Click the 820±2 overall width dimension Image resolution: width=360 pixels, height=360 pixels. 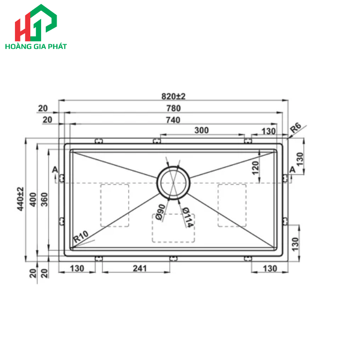click(x=173, y=96)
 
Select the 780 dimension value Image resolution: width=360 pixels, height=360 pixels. click(x=173, y=108)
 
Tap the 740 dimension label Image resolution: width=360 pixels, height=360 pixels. click(x=173, y=120)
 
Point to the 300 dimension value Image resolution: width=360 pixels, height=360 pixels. click(x=202, y=131)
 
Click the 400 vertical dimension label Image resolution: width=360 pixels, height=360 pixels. click(x=32, y=201)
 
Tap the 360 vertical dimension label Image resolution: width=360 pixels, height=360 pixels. click(x=44, y=201)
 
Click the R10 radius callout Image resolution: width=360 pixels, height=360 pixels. click(x=81, y=237)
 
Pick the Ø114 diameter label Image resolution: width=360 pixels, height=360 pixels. click(x=187, y=216)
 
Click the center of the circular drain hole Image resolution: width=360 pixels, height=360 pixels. click(x=173, y=182)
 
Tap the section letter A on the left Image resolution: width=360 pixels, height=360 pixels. click(x=55, y=170)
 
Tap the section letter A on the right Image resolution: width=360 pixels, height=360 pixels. click(x=292, y=170)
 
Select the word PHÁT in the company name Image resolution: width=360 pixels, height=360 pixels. click(x=57, y=46)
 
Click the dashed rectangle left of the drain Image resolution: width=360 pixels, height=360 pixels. click(x=115, y=205)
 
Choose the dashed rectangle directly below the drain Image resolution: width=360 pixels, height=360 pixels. click(x=173, y=228)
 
